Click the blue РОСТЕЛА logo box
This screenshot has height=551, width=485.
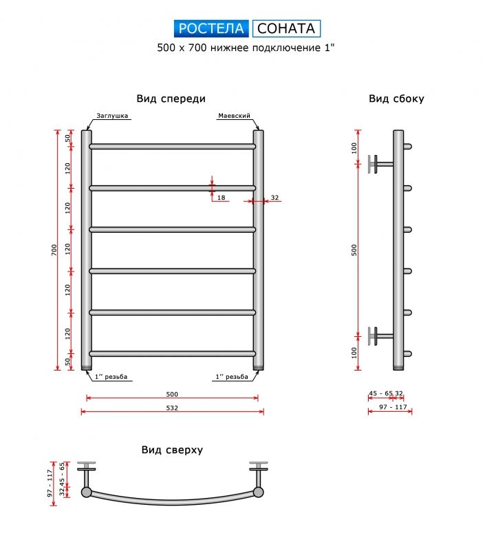(x=211, y=28)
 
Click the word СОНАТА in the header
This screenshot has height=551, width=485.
(x=286, y=28)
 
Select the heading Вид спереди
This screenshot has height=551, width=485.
(x=171, y=98)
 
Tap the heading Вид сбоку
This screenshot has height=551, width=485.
(x=396, y=98)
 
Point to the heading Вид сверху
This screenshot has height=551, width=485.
(x=172, y=450)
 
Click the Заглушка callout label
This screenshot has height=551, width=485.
(x=112, y=116)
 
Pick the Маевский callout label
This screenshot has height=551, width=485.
(x=234, y=116)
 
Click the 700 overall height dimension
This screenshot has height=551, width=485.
(x=54, y=250)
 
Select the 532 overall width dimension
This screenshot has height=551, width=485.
(x=172, y=408)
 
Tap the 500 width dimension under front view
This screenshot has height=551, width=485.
(x=172, y=394)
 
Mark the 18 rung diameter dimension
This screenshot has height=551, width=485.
(x=221, y=198)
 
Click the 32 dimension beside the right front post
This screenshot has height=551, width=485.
(x=274, y=198)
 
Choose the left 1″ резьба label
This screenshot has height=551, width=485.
(x=111, y=377)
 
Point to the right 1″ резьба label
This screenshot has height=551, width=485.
(x=232, y=377)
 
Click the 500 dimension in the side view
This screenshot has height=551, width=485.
(x=354, y=250)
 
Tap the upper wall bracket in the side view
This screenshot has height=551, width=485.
(x=380, y=164)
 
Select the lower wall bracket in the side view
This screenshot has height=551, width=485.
(x=380, y=336)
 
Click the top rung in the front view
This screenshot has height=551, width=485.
(x=172, y=146)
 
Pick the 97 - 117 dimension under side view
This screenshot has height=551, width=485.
(x=393, y=407)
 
